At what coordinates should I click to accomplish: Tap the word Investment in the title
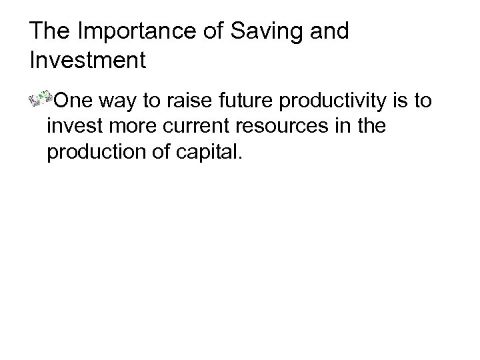88,61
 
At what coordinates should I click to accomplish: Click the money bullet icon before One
41,100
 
